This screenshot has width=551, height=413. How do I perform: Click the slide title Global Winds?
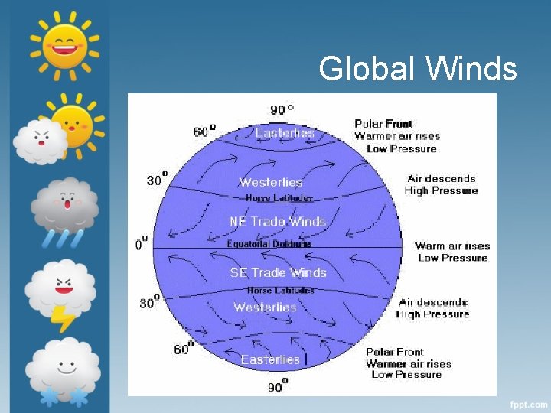[x=418, y=69]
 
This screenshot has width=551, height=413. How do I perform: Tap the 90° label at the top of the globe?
[x=282, y=109]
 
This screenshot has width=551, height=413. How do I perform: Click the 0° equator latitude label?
[x=142, y=244]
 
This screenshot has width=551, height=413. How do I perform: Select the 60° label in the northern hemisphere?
[x=204, y=131]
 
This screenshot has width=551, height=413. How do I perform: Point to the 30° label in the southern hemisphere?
[x=150, y=303]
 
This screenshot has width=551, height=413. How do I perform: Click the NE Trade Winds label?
[x=277, y=221]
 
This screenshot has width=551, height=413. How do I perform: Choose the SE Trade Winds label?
[x=279, y=272]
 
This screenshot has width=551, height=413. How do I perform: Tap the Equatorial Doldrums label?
[x=269, y=244]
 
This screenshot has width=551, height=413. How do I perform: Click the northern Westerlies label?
[x=271, y=182]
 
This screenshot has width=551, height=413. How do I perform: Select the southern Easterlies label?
[x=271, y=359]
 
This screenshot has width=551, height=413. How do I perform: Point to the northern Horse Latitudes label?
[x=279, y=198]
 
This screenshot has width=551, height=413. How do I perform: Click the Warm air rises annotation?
[x=452, y=246]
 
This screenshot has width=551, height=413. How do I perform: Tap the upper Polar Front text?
[x=383, y=123]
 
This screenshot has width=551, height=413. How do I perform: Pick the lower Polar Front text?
[x=394, y=352]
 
